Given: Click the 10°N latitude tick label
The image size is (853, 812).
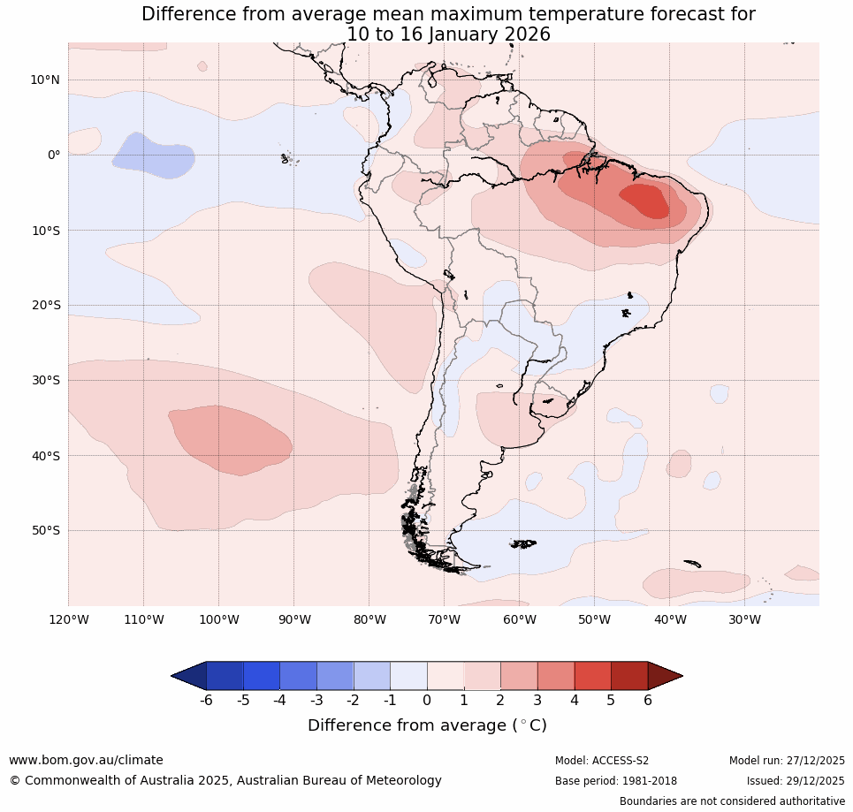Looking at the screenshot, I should [x=45, y=80].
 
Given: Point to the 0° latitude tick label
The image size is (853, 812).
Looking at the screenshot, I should [x=54, y=155].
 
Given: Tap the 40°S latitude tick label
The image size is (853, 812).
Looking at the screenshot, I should [x=45, y=456].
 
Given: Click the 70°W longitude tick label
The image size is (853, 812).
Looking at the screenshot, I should [x=444, y=619].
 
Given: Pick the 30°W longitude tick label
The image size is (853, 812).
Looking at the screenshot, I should [x=744, y=619].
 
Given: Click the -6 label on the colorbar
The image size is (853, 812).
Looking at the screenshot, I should [x=206, y=701].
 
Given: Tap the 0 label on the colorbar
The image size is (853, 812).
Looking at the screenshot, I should [x=427, y=701].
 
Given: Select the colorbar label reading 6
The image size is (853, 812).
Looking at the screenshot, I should [x=648, y=701].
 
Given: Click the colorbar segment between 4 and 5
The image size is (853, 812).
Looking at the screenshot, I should [x=592, y=676].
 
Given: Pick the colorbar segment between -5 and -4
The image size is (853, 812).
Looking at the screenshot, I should [x=262, y=676].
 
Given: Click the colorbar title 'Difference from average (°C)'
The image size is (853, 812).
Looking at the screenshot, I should [x=427, y=725].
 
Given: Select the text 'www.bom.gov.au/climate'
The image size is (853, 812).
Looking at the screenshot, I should [x=86, y=760].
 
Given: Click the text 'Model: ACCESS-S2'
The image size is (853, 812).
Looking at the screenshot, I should [x=602, y=761].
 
